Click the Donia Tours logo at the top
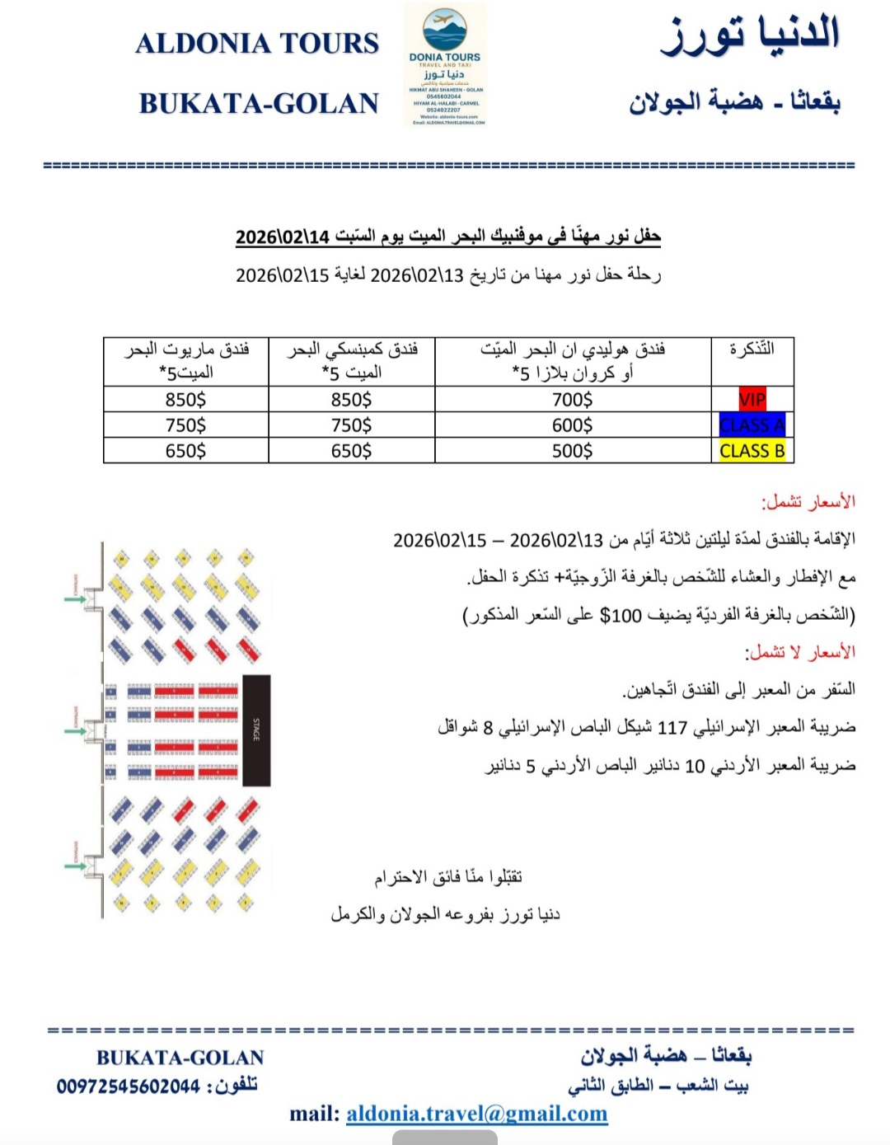coord(445,64)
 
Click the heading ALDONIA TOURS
coord(257,43)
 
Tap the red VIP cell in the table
coord(752,400)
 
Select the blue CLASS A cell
coord(752,425)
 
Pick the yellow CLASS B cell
coord(752,451)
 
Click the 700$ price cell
coord(572,400)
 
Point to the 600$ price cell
coord(572,425)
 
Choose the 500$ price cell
coord(572,451)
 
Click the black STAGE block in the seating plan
coord(256,730)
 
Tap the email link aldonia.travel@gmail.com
coord(476,1114)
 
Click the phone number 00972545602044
coord(129,1086)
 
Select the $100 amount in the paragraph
coord(621,615)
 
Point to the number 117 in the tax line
coord(672,728)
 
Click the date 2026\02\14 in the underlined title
coord(283,237)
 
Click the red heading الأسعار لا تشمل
coord(800,652)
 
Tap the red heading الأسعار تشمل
coord(808,501)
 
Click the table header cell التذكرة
coord(752,350)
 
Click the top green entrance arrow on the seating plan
coord(75,598)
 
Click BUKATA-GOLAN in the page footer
coord(180,1058)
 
